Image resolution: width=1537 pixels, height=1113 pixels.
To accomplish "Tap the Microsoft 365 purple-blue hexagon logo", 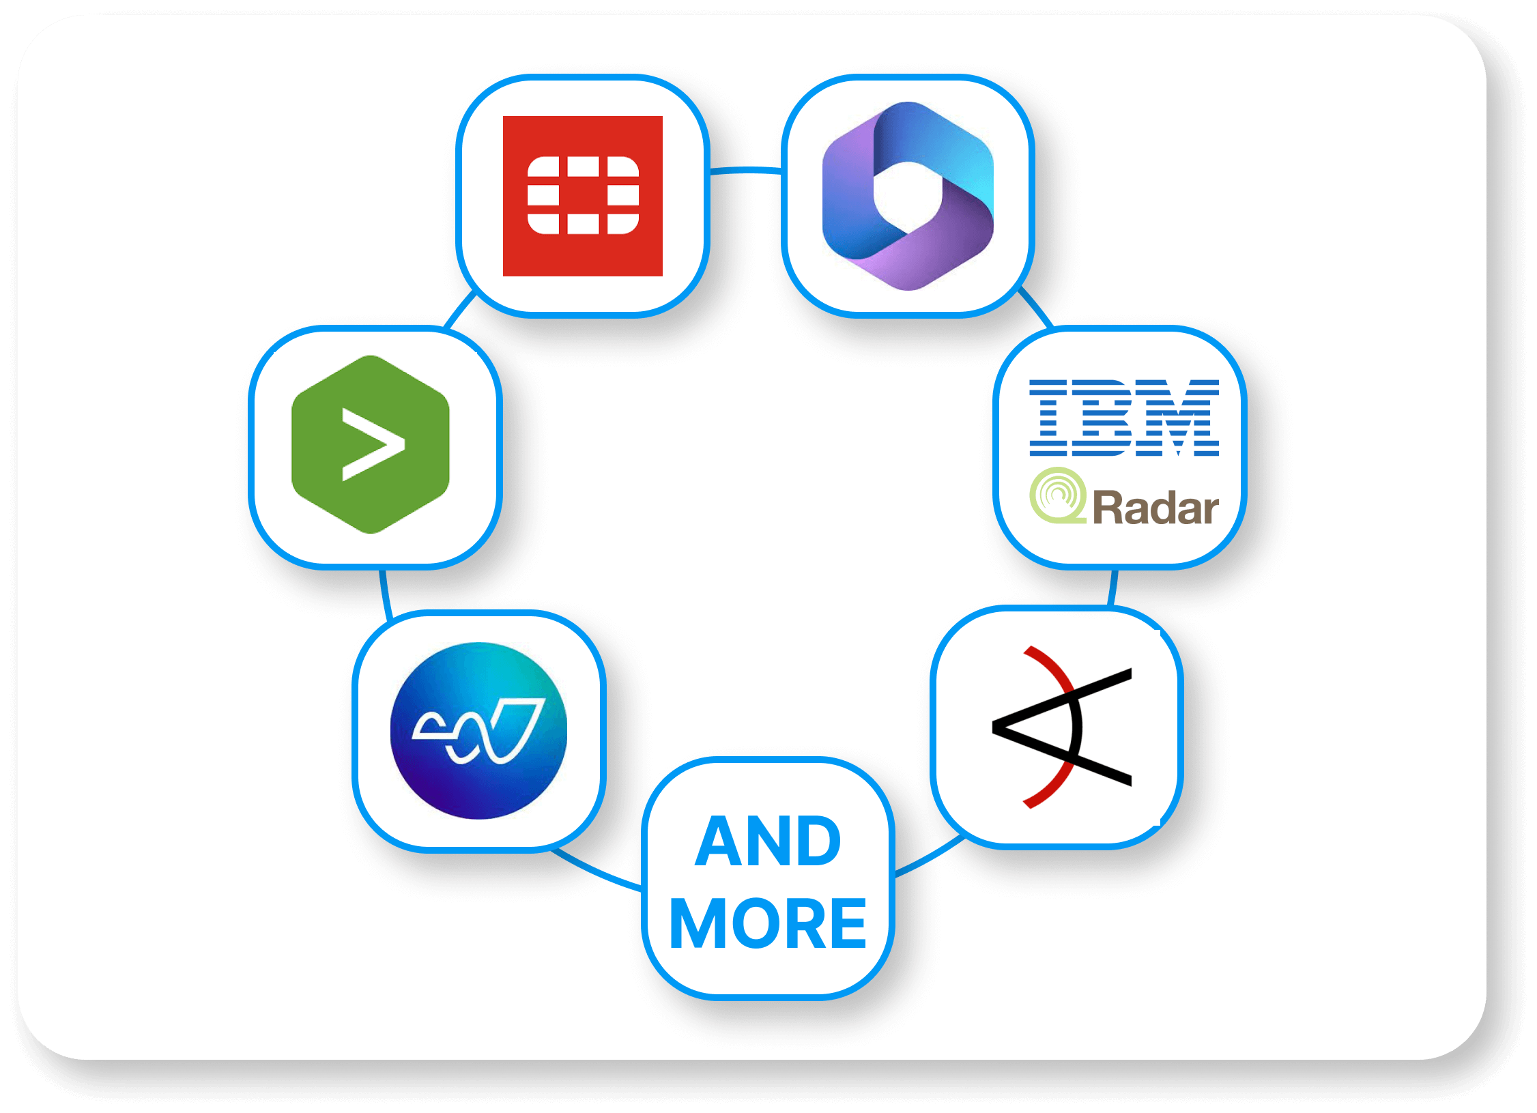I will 908,196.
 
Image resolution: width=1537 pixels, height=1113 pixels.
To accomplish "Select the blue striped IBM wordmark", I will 1123,418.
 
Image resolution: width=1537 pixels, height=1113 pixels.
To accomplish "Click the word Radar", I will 1155,508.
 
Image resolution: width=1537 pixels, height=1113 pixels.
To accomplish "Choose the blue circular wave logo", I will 478,731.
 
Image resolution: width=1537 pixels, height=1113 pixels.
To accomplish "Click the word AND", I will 768,842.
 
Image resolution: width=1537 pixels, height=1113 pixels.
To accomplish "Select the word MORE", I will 768,924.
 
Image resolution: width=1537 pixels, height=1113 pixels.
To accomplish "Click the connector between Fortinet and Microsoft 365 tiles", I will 745,170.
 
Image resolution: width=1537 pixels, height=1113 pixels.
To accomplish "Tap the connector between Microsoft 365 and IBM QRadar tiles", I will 1035,307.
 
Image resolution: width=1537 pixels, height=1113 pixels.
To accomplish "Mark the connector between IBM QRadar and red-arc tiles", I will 1113,588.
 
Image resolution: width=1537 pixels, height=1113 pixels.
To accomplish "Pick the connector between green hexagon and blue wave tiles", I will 385,594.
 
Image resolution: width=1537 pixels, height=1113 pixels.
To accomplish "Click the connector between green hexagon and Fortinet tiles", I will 459,309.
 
